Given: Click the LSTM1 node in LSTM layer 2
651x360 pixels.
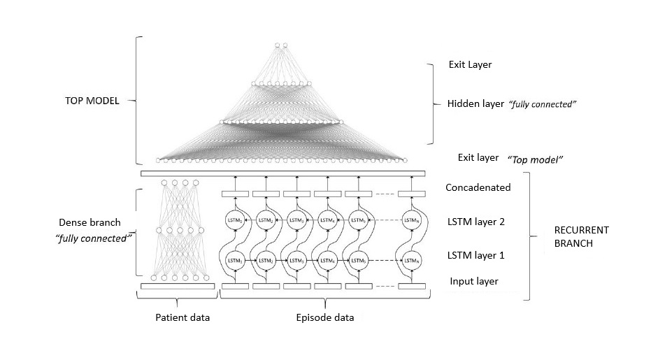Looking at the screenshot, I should [x=234, y=221].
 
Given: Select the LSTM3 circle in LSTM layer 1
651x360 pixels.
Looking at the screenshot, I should [x=296, y=261].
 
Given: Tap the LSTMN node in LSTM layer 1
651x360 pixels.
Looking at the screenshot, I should [x=413, y=261].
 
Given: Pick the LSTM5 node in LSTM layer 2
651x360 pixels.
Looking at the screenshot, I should [x=358, y=221].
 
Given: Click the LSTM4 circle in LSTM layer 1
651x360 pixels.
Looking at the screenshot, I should [x=327, y=261].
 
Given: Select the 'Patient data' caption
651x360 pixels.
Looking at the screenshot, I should [x=182, y=318].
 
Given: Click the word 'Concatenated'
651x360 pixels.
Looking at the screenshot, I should [x=478, y=187].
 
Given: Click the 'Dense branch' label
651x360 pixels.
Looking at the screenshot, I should [x=90, y=222].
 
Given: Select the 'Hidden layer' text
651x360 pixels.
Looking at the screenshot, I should [x=475, y=103].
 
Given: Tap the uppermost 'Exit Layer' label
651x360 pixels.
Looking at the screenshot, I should [x=470, y=64].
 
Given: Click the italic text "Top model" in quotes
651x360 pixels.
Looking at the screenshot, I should [x=537, y=159].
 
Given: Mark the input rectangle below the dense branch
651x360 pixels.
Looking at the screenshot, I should [x=178, y=286].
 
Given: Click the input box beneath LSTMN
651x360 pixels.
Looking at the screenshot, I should [x=412, y=286].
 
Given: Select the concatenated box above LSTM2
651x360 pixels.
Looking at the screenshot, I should [x=266, y=194].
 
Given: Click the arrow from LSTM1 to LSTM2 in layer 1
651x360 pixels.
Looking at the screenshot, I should [x=250, y=261].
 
